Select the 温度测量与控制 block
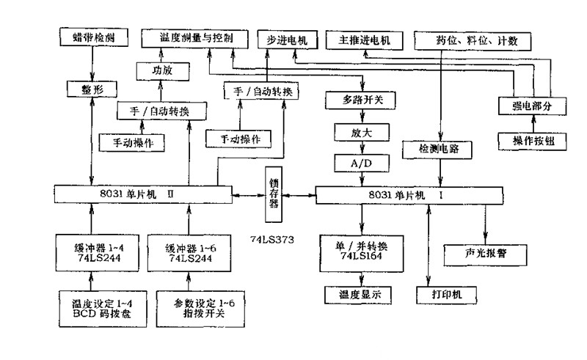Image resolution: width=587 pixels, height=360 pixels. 196,37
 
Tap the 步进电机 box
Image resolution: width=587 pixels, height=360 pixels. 283,38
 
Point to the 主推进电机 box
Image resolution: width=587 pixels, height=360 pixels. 365,38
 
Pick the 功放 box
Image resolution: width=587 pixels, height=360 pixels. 161,72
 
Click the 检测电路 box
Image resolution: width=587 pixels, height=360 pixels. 440,149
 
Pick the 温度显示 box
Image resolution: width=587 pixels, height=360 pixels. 359,294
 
